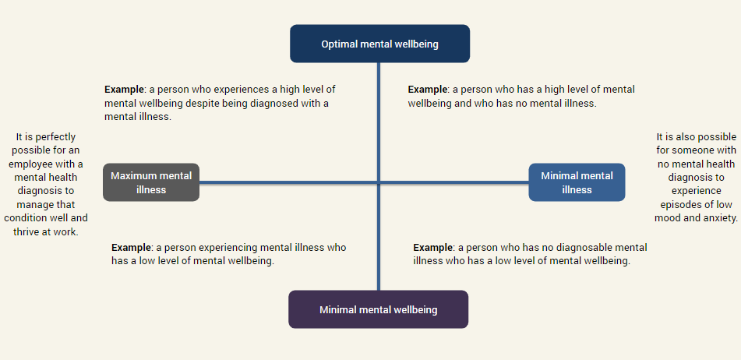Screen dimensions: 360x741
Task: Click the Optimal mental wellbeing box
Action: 379,44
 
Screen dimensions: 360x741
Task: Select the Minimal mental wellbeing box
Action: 378,309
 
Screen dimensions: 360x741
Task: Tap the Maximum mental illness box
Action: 151,182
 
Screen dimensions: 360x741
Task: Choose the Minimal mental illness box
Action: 577,182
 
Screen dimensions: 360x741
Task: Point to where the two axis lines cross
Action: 379,182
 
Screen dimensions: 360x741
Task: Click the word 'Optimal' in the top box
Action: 339,44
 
